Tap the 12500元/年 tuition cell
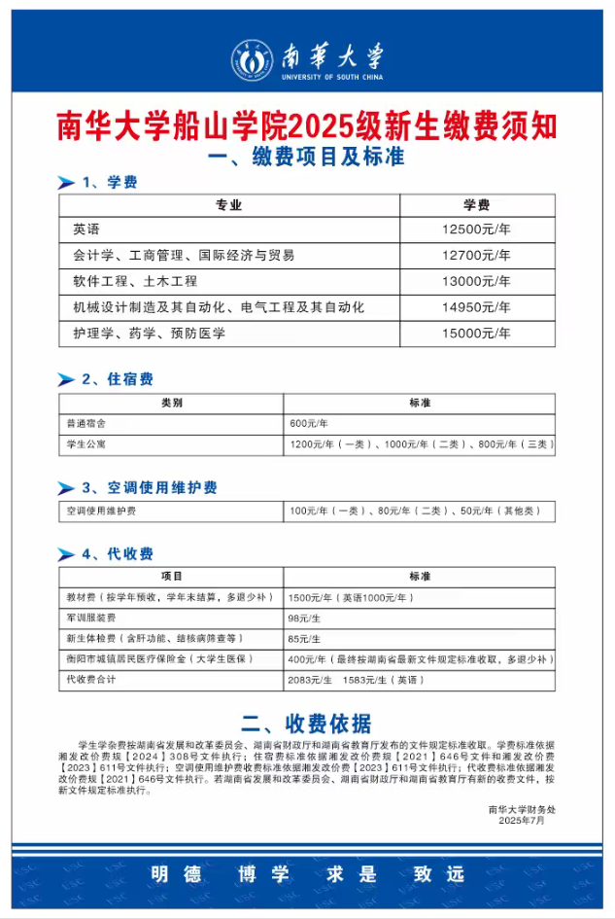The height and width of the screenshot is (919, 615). (476, 230)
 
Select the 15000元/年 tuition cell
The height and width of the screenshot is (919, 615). (476, 334)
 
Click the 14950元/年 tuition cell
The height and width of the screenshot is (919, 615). (476, 307)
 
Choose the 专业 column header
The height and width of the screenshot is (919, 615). (228, 205)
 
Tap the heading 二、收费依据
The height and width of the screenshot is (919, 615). (307, 723)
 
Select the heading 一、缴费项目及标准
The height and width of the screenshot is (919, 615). (307, 156)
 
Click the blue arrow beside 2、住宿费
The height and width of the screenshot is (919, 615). (66, 379)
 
